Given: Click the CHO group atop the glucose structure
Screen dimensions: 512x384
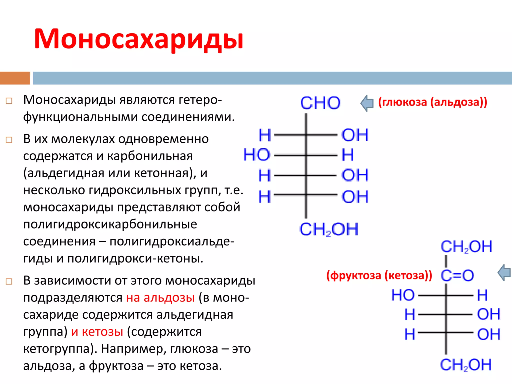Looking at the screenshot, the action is pos(320,103).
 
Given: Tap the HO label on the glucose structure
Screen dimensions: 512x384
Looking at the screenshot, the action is pos(257,155).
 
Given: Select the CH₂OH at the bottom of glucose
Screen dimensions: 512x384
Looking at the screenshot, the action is pos(329,229).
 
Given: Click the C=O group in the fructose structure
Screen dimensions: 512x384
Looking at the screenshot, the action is pos(457,275).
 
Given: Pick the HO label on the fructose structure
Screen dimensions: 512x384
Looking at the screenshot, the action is pos(403,295).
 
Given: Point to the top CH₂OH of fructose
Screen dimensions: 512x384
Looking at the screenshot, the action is pos(466,246).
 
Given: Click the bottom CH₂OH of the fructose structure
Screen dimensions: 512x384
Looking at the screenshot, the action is pos(466,365).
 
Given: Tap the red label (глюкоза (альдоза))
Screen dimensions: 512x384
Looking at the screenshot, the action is pos(433,102).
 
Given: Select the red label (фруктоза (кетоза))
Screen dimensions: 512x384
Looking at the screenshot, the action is pos(379,275).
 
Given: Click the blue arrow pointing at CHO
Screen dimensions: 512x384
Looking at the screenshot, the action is pos(367,103).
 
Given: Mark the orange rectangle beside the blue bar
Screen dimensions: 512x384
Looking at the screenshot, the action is pos(15,78).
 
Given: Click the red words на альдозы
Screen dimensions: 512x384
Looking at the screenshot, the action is pos(160,298).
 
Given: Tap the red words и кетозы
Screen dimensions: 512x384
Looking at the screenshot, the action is pos(97,332).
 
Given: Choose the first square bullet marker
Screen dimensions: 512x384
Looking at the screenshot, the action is pos(9,101).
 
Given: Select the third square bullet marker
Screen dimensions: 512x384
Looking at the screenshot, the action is pos(9,281).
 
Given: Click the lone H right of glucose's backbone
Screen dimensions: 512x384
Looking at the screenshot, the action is pos(348,155).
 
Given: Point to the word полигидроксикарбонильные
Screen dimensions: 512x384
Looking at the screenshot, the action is pos(110,224).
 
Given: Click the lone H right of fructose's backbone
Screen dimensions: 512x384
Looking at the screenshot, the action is pos(482,295).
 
